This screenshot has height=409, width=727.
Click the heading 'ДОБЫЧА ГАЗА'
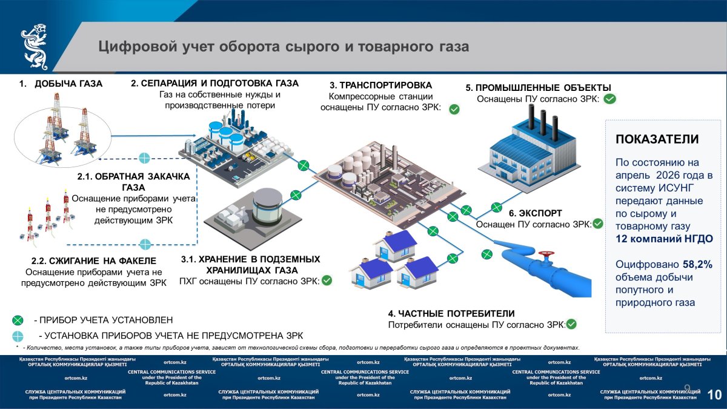(x=68, y=84)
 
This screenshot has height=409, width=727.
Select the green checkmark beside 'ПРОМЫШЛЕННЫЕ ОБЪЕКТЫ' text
(x=610, y=99)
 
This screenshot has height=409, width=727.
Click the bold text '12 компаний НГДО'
(x=664, y=239)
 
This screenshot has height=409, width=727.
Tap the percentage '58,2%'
(x=697, y=265)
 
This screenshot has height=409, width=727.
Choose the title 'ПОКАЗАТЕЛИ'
(x=657, y=139)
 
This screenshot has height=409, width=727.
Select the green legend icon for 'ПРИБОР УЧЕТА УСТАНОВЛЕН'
(x=18, y=319)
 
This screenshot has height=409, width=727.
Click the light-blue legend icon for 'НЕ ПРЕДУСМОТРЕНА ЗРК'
(x=18, y=335)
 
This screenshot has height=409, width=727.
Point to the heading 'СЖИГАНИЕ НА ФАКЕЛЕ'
(x=91, y=261)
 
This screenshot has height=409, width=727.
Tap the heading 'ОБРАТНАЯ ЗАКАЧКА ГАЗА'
(x=133, y=181)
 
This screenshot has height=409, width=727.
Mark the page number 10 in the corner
(x=714, y=395)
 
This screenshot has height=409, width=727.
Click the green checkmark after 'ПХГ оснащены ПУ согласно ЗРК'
(x=327, y=281)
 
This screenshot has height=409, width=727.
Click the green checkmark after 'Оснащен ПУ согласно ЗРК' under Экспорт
(x=598, y=224)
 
